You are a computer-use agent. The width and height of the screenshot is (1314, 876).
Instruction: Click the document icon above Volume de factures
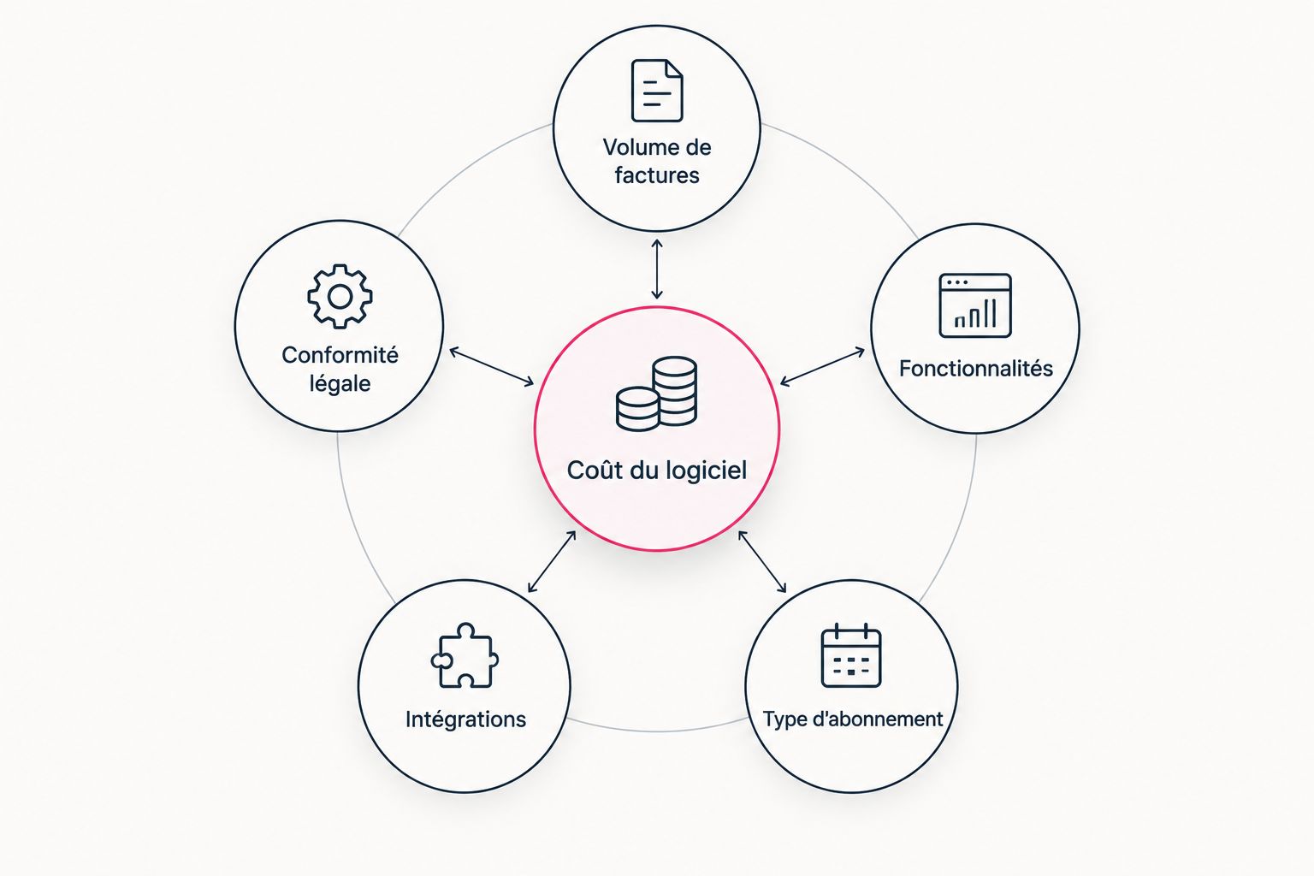[657, 91]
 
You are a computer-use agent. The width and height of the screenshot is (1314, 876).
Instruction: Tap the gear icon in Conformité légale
[340, 296]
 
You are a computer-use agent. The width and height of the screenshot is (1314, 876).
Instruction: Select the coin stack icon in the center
[656, 394]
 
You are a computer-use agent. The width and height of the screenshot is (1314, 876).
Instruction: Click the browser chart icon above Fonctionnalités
[975, 305]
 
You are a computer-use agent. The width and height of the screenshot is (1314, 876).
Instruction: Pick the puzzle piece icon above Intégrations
[465, 654]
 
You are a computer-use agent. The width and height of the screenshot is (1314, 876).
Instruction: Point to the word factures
[657, 175]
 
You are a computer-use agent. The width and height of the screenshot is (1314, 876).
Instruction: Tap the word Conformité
[340, 354]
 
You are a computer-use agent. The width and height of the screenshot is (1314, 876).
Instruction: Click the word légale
[340, 384]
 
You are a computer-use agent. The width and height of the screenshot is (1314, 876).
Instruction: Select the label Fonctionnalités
[976, 369]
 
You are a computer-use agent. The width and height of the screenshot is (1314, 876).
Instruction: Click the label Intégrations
[465, 719]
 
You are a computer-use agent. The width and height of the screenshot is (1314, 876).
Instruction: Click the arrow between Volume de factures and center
[657, 269]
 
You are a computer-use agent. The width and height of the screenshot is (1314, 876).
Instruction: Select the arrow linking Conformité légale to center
[492, 367]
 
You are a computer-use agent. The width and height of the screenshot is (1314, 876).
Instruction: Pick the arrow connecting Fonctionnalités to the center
[822, 367]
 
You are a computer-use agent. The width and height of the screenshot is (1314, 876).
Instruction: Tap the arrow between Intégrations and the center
[552, 561]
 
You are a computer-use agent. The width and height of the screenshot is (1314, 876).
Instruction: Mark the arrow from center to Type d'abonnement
[762, 561]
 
